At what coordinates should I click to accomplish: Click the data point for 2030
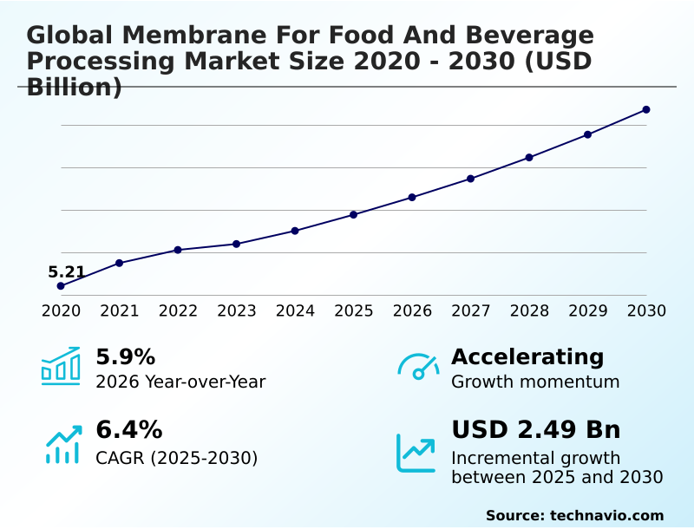pos(646,109)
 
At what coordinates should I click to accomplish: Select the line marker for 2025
pos(354,214)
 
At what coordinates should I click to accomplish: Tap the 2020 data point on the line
pos(61,286)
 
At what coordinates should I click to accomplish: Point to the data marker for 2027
pos(470,179)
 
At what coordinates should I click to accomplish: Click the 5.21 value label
pos(67,272)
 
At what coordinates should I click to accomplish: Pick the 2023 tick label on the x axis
pos(237,311)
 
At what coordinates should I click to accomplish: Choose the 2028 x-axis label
pos(529,311)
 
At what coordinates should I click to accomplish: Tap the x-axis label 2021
pos(120,311)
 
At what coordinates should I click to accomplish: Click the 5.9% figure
pos(125,356)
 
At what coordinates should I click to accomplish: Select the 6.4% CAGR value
pos(128,430)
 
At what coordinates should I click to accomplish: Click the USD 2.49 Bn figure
pos(536,430)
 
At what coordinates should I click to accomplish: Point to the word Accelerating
pos(527,356)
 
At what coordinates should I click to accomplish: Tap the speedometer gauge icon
pos(418,367)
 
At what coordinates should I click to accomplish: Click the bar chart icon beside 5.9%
pos(61,367)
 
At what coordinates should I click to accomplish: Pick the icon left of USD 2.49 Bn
pos(416,453)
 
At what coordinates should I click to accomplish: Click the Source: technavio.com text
pos(574,515)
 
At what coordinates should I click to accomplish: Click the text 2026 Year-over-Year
pos(180,382)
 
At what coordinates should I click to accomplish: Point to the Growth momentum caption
pos(535,382)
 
